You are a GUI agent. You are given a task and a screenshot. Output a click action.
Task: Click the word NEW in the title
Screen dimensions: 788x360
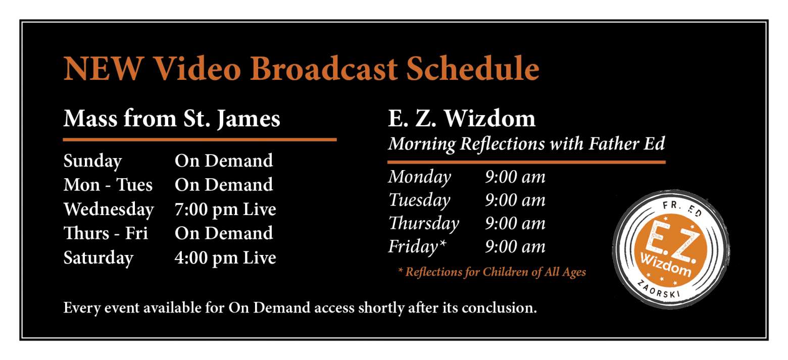pyautogui.click(x=104, y=69)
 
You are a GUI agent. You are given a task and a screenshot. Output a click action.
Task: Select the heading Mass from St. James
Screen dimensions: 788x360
pyautogui.click(x=172, y=119)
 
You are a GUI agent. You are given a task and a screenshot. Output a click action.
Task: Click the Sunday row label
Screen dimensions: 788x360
pyautogui.click(x=92, y=161)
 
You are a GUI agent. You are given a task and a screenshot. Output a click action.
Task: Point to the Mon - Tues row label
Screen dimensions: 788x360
pyautogui.click(x=108, y=185)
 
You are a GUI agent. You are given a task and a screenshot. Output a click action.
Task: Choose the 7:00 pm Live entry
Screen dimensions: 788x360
pyautogui.click(x=225, y=210)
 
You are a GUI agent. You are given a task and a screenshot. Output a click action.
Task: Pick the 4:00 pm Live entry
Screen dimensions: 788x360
pyautogui.click(x=225, y=258)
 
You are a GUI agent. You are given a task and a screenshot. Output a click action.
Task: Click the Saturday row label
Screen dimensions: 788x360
pyautogui.click(x=98, y=258)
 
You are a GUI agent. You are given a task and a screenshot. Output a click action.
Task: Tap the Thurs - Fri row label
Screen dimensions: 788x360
pyautogui.click(x=106, y=233)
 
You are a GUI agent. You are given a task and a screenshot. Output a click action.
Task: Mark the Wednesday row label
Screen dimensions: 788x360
pyautogui.click(x=109, y=210)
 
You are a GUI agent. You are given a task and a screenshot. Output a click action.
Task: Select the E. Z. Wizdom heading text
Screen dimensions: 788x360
pyautogui.click(x=462, y=119)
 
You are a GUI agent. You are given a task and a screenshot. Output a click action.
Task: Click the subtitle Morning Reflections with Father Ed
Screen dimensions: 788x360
pyautogui.click(x=526, y=144)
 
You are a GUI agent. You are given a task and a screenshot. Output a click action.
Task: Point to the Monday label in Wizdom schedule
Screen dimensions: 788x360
pyautogui.click(x=419, y=177)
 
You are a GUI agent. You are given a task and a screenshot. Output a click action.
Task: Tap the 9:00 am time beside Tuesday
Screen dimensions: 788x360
pyautogui.click(x=515, y=200)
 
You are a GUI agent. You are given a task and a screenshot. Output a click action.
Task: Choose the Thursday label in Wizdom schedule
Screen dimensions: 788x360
pyautogui.click(x=423, y=224)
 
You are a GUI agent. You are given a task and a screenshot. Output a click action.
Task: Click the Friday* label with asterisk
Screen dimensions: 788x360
pyautogui.click(x=417, y=246)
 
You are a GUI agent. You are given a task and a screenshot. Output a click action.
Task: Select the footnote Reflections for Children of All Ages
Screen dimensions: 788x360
pyautogui.click(x=492, y=272)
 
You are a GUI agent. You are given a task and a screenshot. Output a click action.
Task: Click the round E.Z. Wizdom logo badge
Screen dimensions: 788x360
pyautogui.click(x=670, y=249)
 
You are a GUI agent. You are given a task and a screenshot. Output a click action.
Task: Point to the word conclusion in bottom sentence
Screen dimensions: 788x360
pyautogui.click(x=499, y=307)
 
